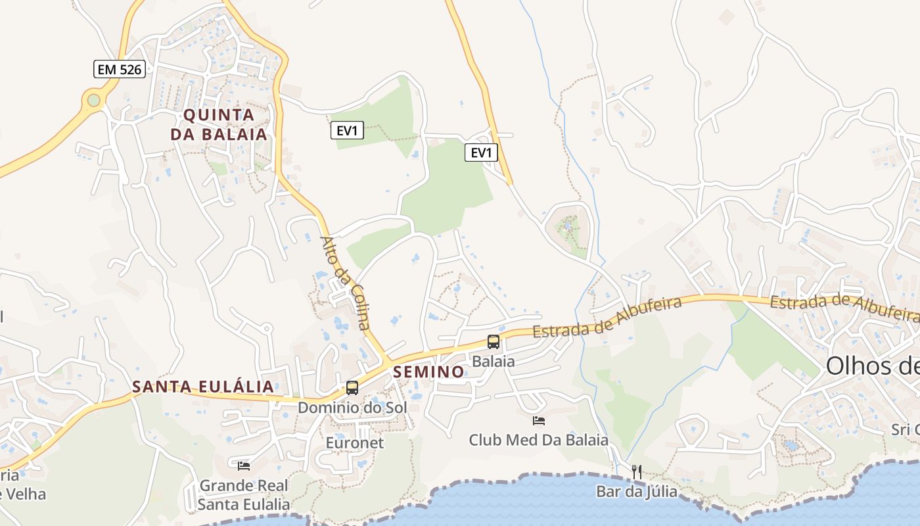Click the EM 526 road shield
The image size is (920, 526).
pos(119,68)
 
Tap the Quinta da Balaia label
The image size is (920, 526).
pos(219,124)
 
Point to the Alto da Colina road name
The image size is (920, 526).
pos(346,283)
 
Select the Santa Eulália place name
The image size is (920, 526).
pos(202,387)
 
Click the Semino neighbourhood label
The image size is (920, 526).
pos(428,372)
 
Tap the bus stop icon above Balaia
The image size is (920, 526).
pos(494,342)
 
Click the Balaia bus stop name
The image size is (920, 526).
pos(494,361)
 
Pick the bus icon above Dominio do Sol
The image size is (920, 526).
pos(352,388)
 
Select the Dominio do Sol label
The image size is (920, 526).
pos(352,408)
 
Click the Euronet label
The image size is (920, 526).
pos(355,442)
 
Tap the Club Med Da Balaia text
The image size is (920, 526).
pos(538,440)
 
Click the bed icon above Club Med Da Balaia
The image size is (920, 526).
pos(539,421)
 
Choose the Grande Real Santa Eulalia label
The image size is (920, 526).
pos(244,495)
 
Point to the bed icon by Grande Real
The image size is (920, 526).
pos(244,466)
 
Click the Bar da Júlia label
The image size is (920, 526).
pos(635,491)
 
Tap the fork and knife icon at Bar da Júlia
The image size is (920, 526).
pos(636,471)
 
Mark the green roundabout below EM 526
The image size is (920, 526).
pos(94,100)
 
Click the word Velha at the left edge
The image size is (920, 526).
pos(24,494)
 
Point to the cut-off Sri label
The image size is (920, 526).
pos(905,429)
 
